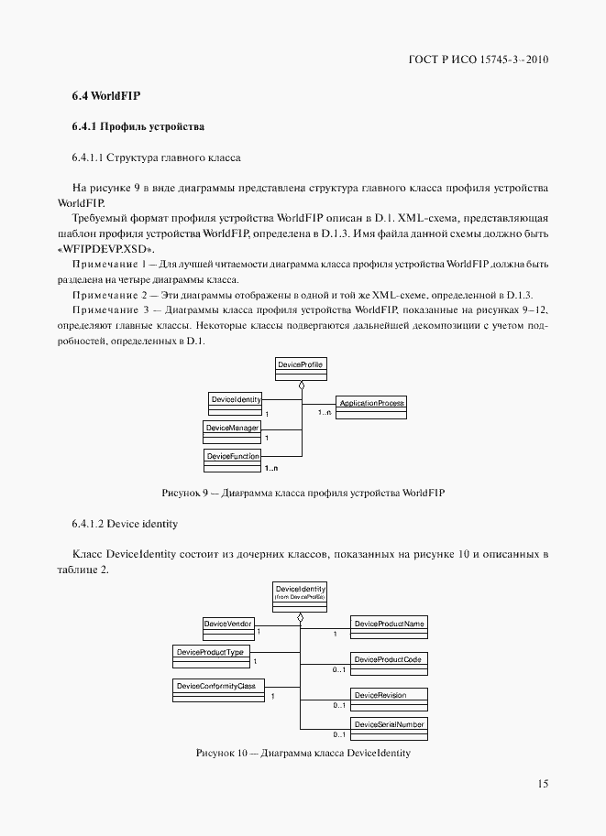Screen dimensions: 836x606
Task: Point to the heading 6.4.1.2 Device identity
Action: [124, 524]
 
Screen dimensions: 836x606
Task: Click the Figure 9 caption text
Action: [303, 494]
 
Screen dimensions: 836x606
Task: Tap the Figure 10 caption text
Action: [303, 754]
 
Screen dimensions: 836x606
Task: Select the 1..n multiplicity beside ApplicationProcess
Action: [325, 414]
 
